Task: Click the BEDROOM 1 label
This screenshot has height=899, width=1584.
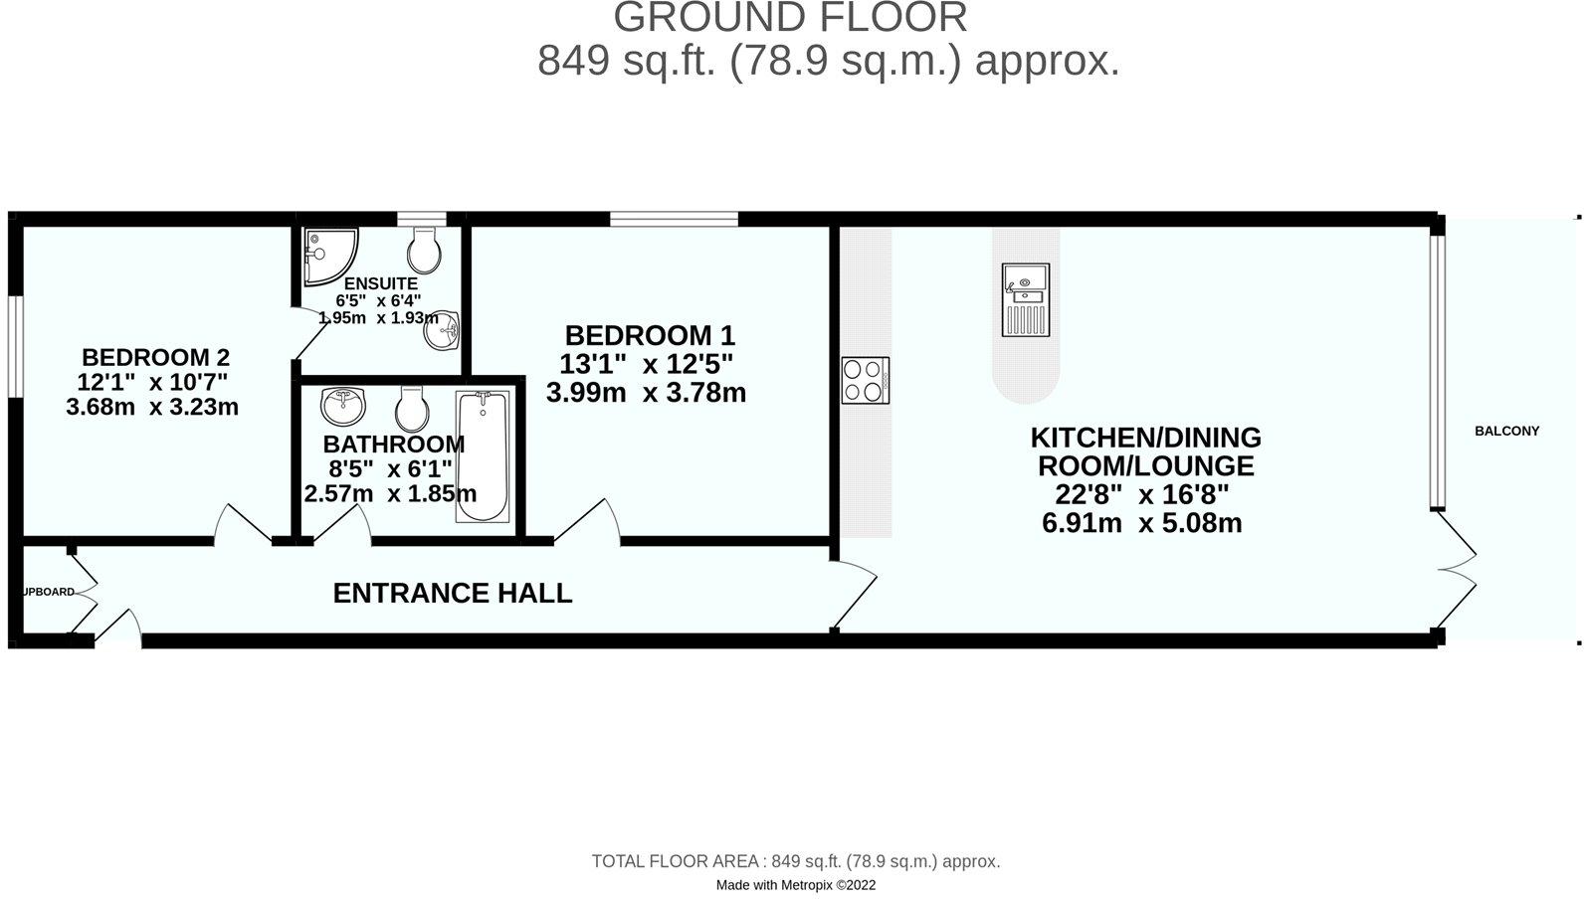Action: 650,335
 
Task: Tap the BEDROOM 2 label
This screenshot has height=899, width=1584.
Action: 155,357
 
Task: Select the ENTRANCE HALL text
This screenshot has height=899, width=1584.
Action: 452,594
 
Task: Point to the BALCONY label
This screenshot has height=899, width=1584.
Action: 1506,431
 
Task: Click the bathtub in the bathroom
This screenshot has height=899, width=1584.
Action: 483,455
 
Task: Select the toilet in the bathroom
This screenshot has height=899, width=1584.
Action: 411,407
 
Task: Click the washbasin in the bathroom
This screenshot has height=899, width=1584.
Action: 343,405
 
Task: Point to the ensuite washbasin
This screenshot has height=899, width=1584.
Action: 441,330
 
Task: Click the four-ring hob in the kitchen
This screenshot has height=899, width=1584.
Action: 865,380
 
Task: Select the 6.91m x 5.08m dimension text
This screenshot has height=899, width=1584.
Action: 1141,523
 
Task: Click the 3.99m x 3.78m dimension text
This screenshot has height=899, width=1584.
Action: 646,393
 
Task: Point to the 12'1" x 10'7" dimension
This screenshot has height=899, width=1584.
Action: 152,382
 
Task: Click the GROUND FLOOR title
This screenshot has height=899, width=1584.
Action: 790,17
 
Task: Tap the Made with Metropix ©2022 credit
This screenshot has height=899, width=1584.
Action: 796,884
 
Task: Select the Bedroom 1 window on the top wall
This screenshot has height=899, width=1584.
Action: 674,219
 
